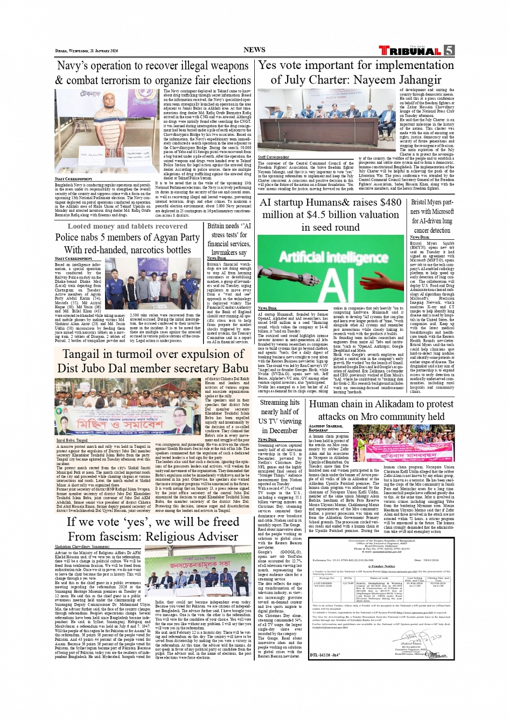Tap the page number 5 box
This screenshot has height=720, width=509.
tap(449, 51)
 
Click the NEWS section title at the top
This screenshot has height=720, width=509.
tap(254, 50)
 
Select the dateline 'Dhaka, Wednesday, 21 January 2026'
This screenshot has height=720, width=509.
tap(86, 51)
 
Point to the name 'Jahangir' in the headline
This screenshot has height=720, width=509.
tap(414, 80)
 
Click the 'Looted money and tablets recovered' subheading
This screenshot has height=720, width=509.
tap(127, 226)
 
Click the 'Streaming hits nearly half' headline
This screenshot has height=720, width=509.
tap(280, 417)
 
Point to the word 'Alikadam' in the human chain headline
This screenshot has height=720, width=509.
tap(391, 404)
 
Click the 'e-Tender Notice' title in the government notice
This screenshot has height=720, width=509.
tap(381, 566)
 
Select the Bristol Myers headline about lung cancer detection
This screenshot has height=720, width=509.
tap(432, 216)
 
